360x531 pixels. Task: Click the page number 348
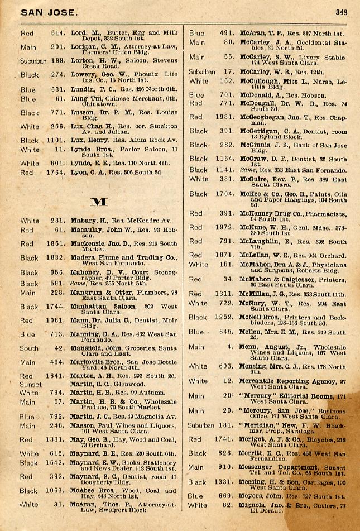342,11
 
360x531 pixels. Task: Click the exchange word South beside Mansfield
30,348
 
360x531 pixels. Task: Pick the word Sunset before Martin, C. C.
31,384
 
